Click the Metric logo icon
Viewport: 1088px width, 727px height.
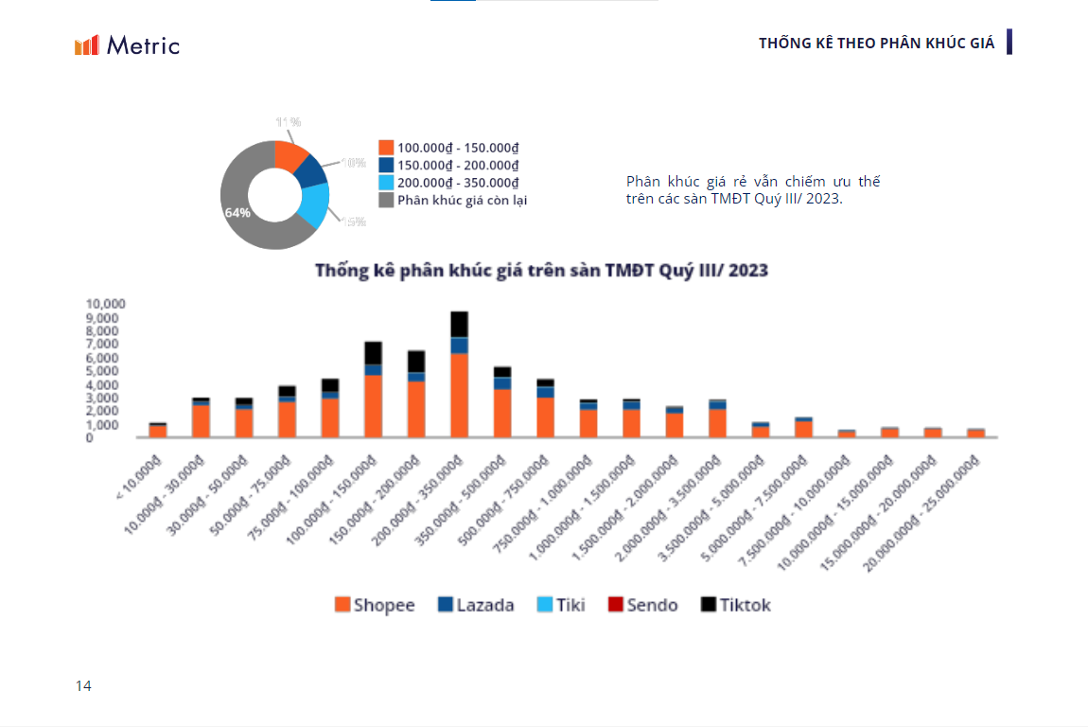pos(87,45)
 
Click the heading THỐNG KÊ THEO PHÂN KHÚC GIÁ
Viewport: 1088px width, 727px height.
pos(876,44)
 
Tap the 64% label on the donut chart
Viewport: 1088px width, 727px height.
pos(237,213)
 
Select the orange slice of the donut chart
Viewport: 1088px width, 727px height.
pos(290,155)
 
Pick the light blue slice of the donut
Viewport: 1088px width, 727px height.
pos(314,204)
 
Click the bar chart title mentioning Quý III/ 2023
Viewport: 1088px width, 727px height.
pos(541,271)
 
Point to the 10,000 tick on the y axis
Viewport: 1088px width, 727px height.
pos(105,304)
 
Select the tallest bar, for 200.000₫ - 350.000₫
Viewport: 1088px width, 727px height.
pos(460,379)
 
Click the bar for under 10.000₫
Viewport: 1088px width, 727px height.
pos(158,431)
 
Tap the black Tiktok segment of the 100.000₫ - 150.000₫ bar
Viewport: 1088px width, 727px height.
pos(374,353)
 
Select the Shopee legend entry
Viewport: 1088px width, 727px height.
pos(375,605)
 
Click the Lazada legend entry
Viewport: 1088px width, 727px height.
pos(476,605)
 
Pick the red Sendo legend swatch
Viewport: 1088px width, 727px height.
pos(615,605)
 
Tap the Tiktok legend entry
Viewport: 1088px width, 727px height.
pos(736,605)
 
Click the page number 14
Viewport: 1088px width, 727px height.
pos(84,686)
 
